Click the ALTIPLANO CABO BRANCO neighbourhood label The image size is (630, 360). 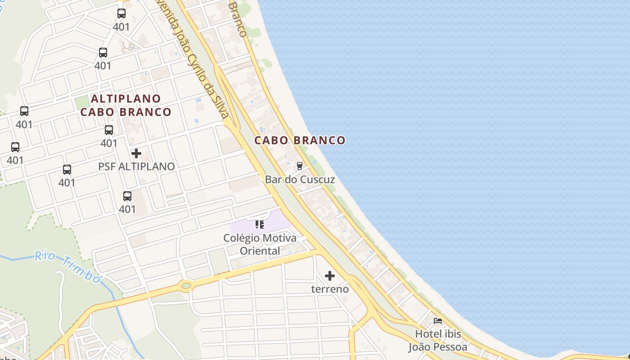click(x=126, y=105)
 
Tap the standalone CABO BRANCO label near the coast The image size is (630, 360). click(x=300, y=140)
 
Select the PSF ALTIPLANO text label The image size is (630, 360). click(x=136, y=166)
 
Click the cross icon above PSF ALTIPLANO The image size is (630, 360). click(x=136, y=153)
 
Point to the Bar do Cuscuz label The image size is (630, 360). click(x=300, y=180)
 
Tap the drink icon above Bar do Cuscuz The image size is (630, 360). click(x=300, y=166)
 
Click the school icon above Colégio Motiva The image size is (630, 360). click(x=260, y=224)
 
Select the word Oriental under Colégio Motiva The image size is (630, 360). click(x=260, y=251)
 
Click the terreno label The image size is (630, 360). click(x=330, y=289)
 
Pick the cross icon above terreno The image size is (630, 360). click(x=330, y=276)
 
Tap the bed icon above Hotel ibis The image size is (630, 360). click(x=438, y=321)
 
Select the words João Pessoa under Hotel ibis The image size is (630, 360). click(x=438, y=347)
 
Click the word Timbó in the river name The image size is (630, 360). click(x=82, y=270)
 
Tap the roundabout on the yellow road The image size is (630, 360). click(x=185, y=285)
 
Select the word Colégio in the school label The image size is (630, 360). click(x=242, y=238)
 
